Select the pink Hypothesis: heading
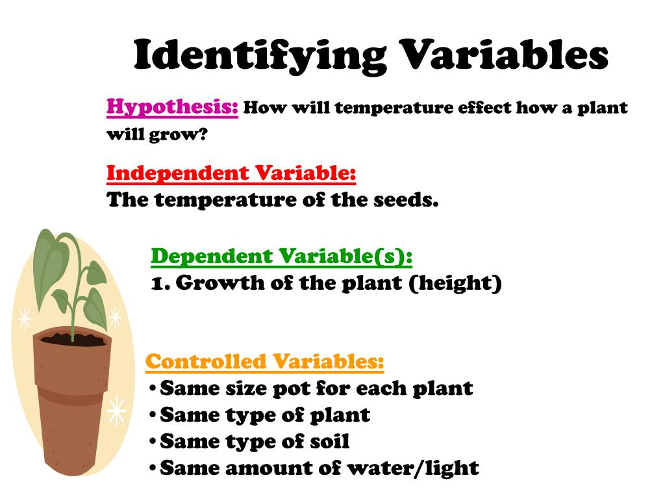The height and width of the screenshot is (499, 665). (x=172, y=106)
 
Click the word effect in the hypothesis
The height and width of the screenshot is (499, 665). (x=484, y=108)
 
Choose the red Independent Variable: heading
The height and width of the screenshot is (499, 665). (x=231, y=173)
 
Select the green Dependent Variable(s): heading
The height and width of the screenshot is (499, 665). (x=281, y=257)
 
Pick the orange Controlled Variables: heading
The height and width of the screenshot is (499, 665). (x=264, y=361)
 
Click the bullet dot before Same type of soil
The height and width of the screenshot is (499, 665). (x=152, y=442)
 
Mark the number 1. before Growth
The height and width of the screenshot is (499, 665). (x=159, y=283)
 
